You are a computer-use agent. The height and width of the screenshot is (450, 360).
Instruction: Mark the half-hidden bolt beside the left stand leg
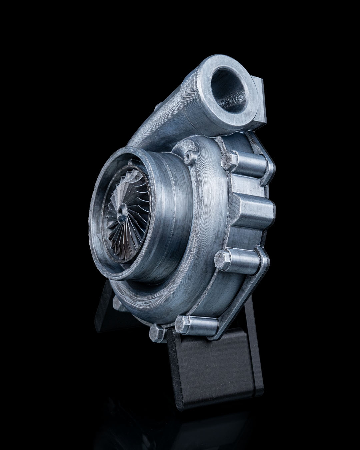click(117, 303)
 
